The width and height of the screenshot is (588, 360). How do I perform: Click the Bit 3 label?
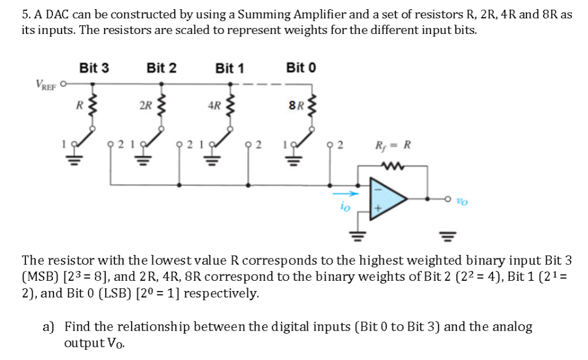pos(94,68)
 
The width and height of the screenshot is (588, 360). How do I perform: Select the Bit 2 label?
pos(161,68)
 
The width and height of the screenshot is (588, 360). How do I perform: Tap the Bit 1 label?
pos(230,68)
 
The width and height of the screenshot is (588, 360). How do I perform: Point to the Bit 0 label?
pos(301,68)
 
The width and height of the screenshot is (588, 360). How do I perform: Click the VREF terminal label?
pos(45,85)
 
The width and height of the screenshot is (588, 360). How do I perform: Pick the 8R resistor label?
pos(296,105)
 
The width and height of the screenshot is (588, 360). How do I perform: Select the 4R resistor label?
pos(214,106)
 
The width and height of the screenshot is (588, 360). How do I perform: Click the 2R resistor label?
pos(145,106)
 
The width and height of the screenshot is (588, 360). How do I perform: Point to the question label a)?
pos(48,327)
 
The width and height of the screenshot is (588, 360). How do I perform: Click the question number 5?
pos(26,14)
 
